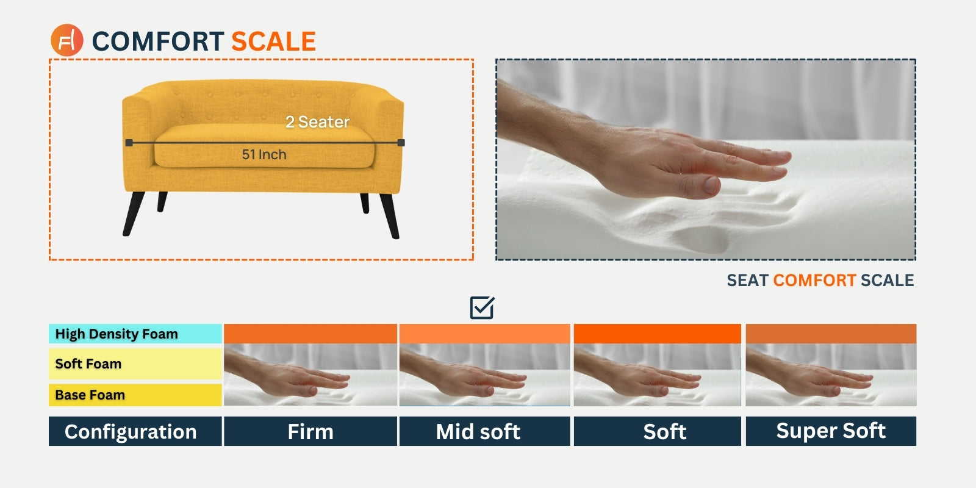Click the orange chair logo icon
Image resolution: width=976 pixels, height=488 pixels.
tap(66, 40)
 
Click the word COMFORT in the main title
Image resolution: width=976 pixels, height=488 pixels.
tap(158, 41)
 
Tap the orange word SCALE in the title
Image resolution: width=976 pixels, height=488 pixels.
tap(274, 41)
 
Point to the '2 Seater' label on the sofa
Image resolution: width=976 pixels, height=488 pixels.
tap(317, 122)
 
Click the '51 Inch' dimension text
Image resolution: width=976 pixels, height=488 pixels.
tap(264, 154)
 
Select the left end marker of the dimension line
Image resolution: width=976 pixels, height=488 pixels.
tap(129, 143)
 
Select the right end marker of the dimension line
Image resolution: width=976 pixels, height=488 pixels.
tap(401, 143)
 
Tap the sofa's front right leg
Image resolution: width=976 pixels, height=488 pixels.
tap(390, 216)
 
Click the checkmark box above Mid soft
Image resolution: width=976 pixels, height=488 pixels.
tap(483, 307)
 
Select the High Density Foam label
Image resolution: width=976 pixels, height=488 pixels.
tap(117, 334)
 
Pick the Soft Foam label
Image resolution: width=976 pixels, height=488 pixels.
tap(88, 364)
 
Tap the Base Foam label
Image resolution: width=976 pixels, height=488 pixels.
tap(90, 395)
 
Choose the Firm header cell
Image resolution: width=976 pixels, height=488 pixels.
tap(310, 431)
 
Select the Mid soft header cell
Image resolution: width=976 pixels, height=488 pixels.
tap(484, 431)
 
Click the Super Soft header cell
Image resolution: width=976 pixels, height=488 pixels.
tap(831, 431)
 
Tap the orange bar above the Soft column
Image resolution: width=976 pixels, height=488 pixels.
tap(657, 334)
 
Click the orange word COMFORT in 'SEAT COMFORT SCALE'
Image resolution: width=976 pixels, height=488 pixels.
tap(814, 280)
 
